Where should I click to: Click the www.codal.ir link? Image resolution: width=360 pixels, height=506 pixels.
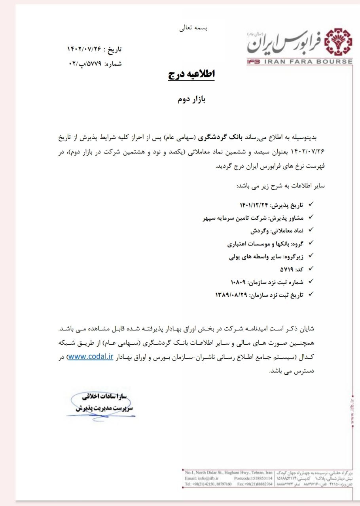click(91, 357)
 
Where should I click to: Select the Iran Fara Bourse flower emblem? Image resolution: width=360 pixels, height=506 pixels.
click(337, 41)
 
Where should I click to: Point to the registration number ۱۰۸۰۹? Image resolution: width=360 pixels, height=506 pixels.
click(238, 282)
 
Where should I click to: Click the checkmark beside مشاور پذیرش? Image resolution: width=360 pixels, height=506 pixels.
click(311, 217)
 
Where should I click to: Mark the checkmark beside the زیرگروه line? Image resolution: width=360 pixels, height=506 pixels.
click(311, 256)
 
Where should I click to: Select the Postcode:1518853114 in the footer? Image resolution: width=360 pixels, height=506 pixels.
click(253, 478)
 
